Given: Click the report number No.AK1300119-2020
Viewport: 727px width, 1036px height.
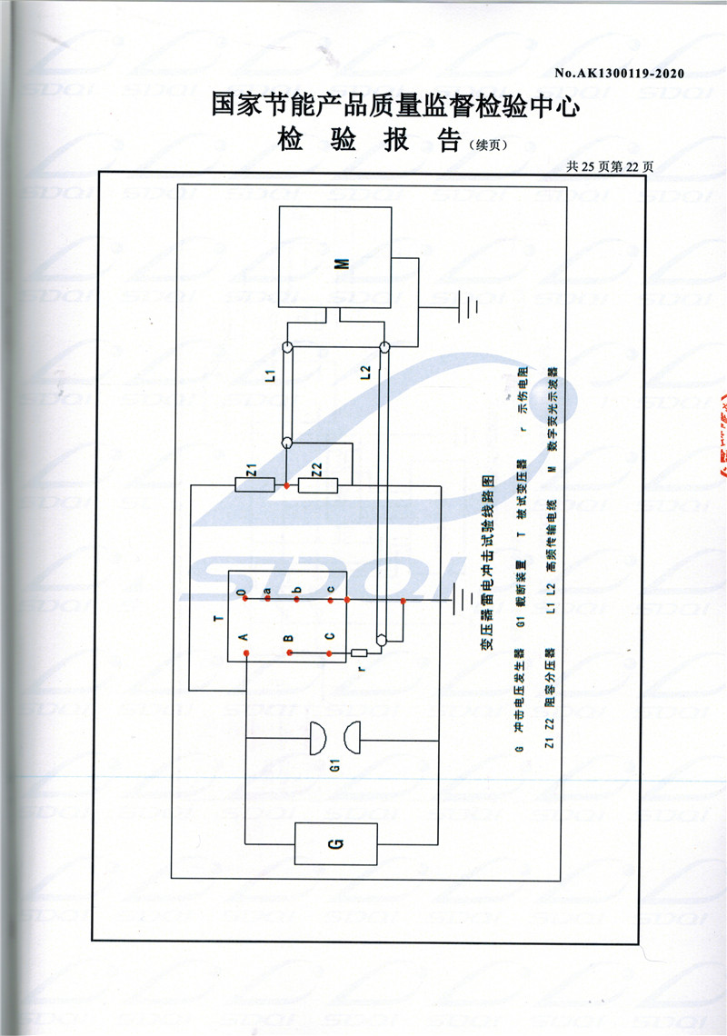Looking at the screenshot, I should (x=618, y=73).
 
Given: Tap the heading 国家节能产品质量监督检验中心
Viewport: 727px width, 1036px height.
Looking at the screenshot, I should (x=395, y=105).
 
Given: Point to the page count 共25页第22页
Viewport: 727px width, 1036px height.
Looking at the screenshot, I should (x=610, y=166).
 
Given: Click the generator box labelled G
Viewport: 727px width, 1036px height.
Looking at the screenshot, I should (x=335, y=844).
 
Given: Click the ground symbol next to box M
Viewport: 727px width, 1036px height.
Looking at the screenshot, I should (x=469, y=306).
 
